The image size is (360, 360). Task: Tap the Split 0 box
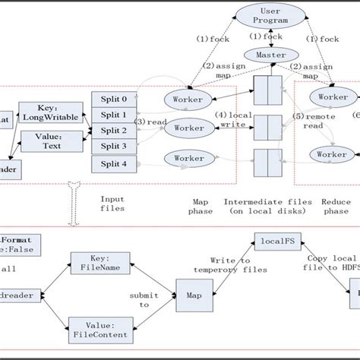pos(109,98)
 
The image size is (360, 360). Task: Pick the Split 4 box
pos(109,163)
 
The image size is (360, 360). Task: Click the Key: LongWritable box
pos(50,112)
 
